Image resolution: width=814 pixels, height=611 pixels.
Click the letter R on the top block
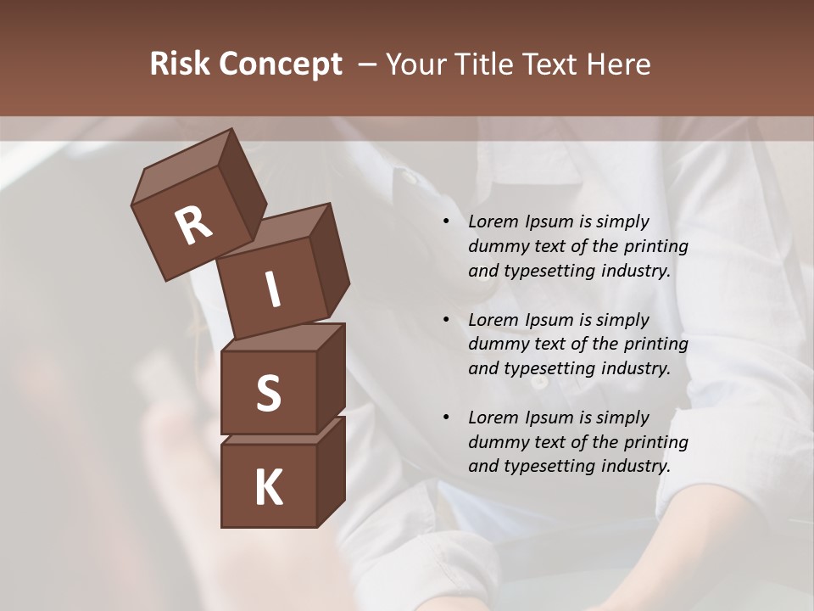tap(193, 226)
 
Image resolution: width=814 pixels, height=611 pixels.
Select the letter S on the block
tap(268, 393)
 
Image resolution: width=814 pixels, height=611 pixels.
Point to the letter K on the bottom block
tap(268, 488)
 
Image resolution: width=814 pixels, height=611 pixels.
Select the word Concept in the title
tap(279, 64)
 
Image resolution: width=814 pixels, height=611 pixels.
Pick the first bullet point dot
tap(447, 222)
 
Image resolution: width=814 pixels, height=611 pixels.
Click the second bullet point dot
tap(447, 320)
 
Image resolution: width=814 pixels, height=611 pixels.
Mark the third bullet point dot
tap(447, 418)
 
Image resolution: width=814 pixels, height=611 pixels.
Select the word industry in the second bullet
tap(633, 369)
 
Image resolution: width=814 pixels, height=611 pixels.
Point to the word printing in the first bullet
tap(655, 247)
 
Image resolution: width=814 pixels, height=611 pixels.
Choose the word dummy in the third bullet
tap(495, 442)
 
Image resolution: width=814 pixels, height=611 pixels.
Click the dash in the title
tap(368, 64)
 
